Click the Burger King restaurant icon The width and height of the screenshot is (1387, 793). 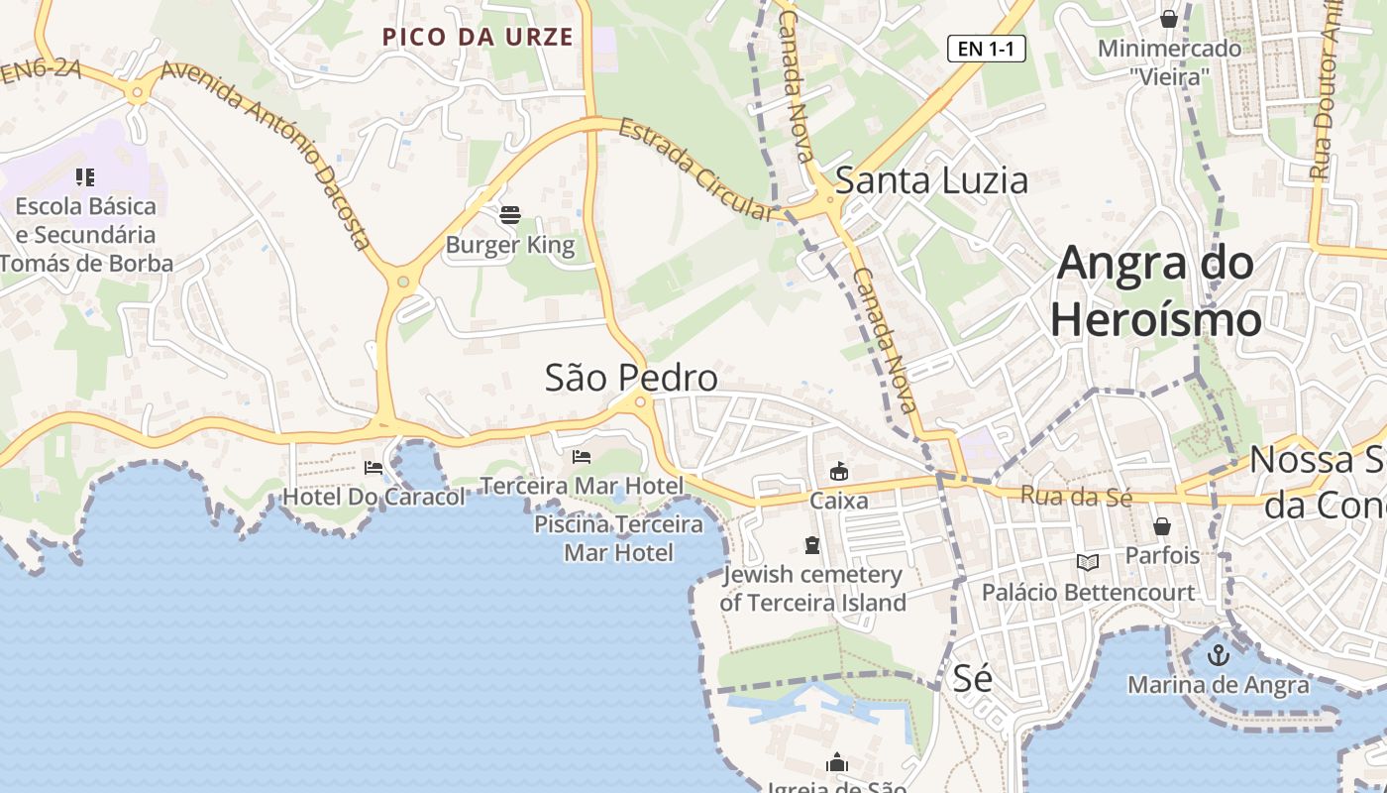pyautogui.click(x=510, y=214)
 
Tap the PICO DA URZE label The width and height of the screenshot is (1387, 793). pyautogui.click(x=478, y=38)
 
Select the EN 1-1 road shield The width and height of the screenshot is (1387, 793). pyautogui.click(x=986, y=49)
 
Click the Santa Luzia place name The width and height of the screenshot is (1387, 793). pyautogui.click(x=931, y=181)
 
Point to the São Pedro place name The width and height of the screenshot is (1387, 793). pyautogui.click(x=631, y=378)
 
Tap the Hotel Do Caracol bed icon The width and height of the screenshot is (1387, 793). pyautogui.click(x=373, y=468)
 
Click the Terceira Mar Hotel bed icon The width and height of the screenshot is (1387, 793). pyautogui.click(x=582, y=457)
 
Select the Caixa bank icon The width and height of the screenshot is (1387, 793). pyautogui.click(x=839, y=472)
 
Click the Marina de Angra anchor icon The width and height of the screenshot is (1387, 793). pyautogui.click(x=1219, y=655)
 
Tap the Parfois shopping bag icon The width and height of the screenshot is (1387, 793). pyautogui.click(x=1161, y=526)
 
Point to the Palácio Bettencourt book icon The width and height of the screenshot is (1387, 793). pyautogui.click(x=1088, y=563)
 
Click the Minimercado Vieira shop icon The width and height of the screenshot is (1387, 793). pyautogui.click(x=1169, y=19)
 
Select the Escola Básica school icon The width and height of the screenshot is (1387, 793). pyautogui.click(x=85, y=177)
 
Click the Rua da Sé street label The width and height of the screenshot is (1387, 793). pyautogui.click(x=1075, y=497)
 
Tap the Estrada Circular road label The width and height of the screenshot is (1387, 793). pyautogui.click(x=694, y=169)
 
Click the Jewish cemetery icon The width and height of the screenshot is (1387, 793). pyautogui.click(x=812, y=545)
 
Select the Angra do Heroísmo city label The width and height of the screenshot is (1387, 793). pyautogui.click(x=1156, y=291)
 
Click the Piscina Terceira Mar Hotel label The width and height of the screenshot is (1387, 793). pyautogui.click(x=619, y=538)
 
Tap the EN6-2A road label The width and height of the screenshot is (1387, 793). pyautogui.click(x=40, y=69)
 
